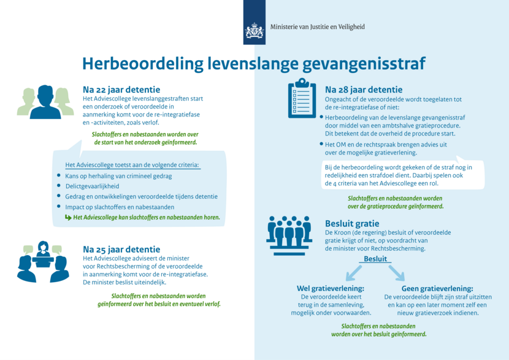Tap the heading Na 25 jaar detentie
121,250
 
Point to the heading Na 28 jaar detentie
364,90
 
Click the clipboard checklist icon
302,99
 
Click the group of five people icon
289,232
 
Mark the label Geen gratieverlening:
437,288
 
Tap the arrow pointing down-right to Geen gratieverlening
396,271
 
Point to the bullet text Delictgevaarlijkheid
92,186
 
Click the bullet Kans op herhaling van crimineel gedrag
118,175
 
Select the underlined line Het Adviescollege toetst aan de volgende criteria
132,164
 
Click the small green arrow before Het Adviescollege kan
68,217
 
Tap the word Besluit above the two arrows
375,259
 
